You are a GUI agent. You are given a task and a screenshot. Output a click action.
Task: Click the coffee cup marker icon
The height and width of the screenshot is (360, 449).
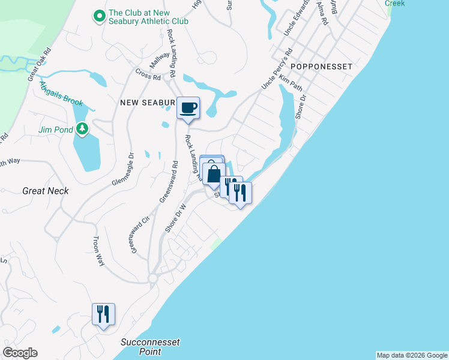[x=188, y=108]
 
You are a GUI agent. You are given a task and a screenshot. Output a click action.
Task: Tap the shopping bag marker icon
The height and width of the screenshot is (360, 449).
[x=214, y=175]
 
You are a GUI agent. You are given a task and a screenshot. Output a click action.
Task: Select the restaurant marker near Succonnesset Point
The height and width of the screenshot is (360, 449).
[x=103, y=314]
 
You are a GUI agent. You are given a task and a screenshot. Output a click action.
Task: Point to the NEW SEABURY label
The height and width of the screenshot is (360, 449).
[x=148, y=103]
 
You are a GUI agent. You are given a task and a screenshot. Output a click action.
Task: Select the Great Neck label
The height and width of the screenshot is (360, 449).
[x=46, y=191]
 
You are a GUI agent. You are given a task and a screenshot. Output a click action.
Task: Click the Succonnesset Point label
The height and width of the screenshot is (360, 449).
[x=151, y=347]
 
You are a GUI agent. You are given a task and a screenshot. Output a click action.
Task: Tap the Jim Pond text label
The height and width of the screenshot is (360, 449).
[x=55, y=129]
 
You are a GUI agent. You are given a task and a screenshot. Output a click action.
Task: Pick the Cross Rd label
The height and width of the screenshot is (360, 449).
[x=148, y=77]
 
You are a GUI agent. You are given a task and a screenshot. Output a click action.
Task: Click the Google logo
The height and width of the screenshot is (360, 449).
[x=20, y=353]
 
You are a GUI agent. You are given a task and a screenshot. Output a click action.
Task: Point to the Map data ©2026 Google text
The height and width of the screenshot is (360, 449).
[x=412, y=355]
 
